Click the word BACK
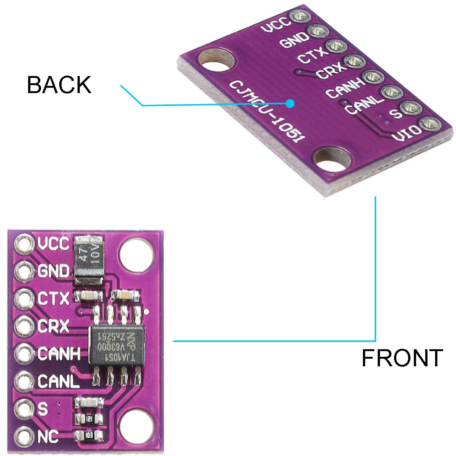coord(59,85)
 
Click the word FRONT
coord(402,358)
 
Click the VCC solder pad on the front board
coord(24,244)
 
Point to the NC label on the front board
coord(48,437)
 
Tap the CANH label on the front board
coord(59,354)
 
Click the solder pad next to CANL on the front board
coord(24,381)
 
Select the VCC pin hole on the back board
coord(300,16)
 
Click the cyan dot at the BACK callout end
coord(290,103)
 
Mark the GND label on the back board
coord(294,40)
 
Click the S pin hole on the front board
coord(24,408)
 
